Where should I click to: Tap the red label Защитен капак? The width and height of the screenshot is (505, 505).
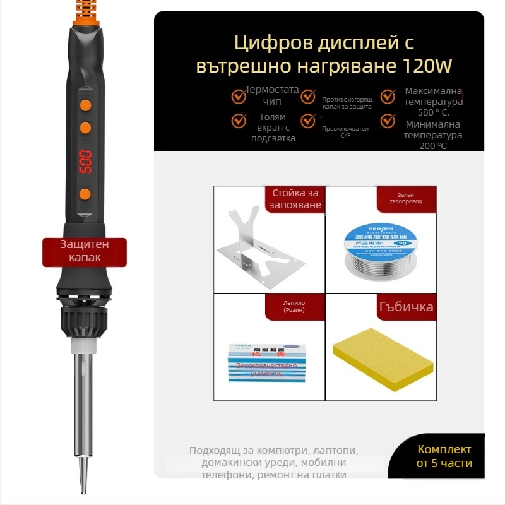[x=85, y=251]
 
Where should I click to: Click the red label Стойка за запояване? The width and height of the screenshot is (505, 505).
[x=297, y=199]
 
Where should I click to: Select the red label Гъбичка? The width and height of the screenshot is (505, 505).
[x=406, y=307]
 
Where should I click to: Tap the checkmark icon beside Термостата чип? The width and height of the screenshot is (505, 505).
[x=239, y=97]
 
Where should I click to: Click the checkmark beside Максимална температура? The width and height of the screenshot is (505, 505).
[x=388, y=97]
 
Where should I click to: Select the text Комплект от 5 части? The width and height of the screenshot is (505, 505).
[x=444, y=456]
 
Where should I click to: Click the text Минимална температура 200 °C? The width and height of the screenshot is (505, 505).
[x=433, y=135]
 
